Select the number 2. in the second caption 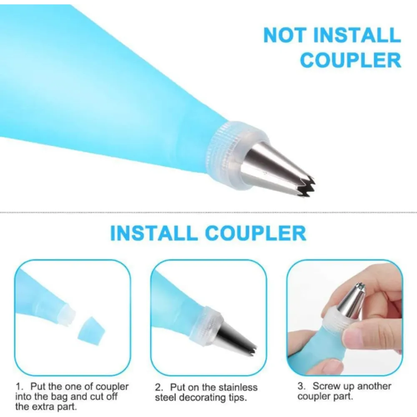pos(160,387)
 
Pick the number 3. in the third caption pos(301,386)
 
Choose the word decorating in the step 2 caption pos(204,398)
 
